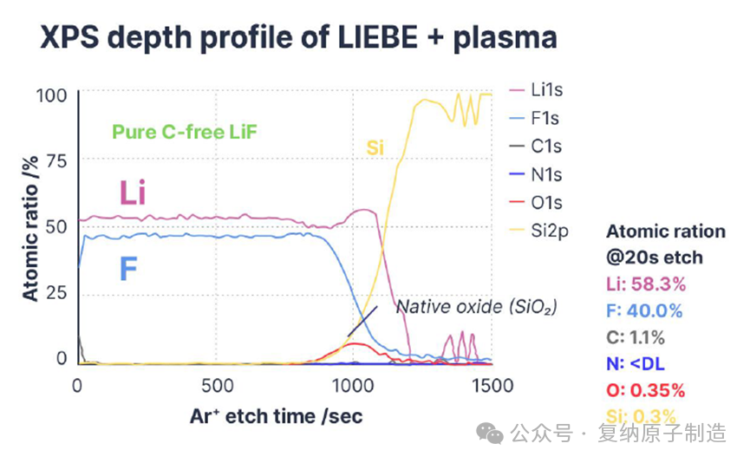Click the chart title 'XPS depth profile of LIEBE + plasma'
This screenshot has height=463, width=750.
pos(286,37)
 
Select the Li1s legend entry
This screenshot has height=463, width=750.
pos(546,90)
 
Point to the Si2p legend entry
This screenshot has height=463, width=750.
pos(548,231)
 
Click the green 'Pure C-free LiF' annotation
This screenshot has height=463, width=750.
pos(186,133)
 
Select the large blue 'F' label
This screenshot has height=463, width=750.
pos(127,270)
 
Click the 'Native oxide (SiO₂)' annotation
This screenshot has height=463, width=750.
pos(476,307)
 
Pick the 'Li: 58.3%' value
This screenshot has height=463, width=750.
pos(646,284)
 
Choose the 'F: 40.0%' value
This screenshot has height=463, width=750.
pos(646,310)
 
